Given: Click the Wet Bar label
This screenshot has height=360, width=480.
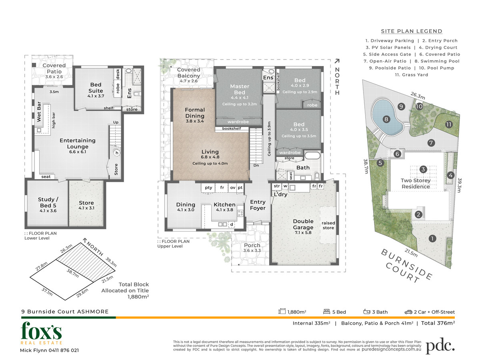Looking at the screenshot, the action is [x=39, y=112].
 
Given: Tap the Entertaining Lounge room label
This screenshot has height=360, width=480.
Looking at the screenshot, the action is [x=78, y=143].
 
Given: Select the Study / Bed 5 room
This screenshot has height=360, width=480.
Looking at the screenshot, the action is [x=47, y=203].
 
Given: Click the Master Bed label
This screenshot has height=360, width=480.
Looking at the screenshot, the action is [x=240, y=89].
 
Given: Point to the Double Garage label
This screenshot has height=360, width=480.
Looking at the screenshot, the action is [x=303, y=224].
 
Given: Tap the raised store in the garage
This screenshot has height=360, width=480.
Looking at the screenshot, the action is [x=328, y=225].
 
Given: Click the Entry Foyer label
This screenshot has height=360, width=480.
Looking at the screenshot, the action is [x=258, y=205].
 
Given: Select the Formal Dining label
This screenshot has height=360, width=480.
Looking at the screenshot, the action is [x=195, y=113].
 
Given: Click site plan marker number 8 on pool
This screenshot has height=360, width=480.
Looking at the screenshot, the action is [x=386, y=119].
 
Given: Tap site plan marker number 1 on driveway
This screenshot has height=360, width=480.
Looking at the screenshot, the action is [x=432, y=238].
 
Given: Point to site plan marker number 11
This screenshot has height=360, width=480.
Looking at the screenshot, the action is [x=448, y=124].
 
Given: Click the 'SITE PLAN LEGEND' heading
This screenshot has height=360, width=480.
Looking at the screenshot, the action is [x=412, y=31].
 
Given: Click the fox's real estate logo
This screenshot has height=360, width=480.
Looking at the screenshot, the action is [x=41, y=333].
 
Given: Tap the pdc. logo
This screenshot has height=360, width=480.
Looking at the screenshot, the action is [x=440, y=346].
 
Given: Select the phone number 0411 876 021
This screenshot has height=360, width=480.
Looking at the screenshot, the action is [x=64, y=350].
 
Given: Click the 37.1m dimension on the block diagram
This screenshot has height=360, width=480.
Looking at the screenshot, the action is [x=47, y=292].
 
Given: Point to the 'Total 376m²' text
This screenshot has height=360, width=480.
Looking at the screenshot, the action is [x=438, y=323].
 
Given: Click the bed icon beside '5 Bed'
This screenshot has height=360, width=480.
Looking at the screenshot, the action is [x=326, y=312].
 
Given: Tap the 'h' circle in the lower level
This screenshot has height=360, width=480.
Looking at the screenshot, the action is [x=117, y=153].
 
